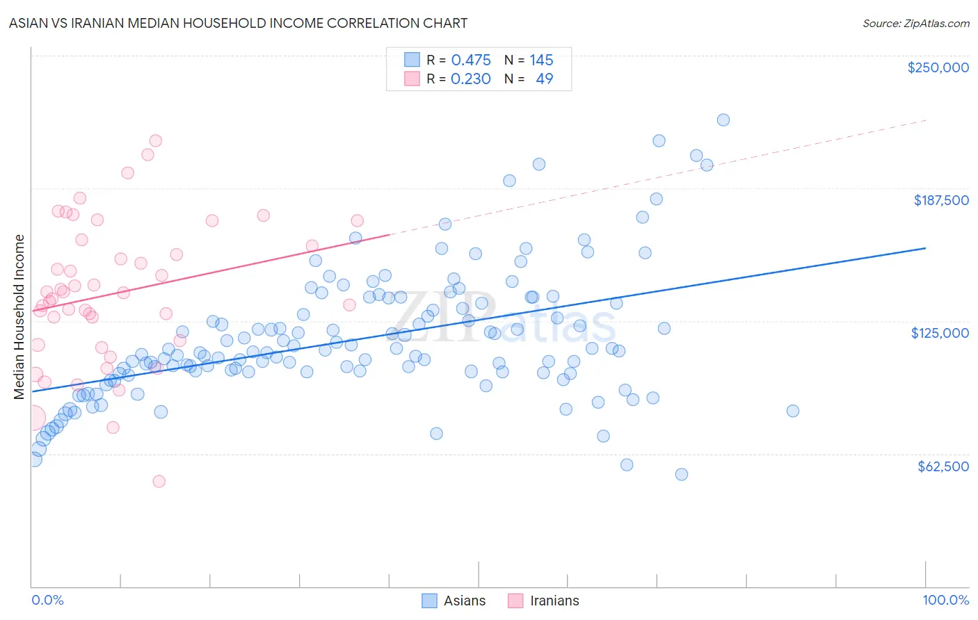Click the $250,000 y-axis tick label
[938, 67]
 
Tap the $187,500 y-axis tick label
[940, 200]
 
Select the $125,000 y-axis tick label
[940, 333]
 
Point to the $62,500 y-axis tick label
[943, 466]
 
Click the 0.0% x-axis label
[47, 600]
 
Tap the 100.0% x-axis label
[945, 600]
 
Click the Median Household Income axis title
[19, 317]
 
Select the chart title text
[238, 23]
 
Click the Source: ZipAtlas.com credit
[915, 23]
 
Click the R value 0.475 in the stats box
[471, 60]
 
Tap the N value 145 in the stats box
[541, 60]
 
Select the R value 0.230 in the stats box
[471, 79]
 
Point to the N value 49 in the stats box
[544, 79]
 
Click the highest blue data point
[723, 120]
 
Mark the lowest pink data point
[159, 481]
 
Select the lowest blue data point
[681, 474]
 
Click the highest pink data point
[156, 140]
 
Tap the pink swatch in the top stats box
[412, 79]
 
